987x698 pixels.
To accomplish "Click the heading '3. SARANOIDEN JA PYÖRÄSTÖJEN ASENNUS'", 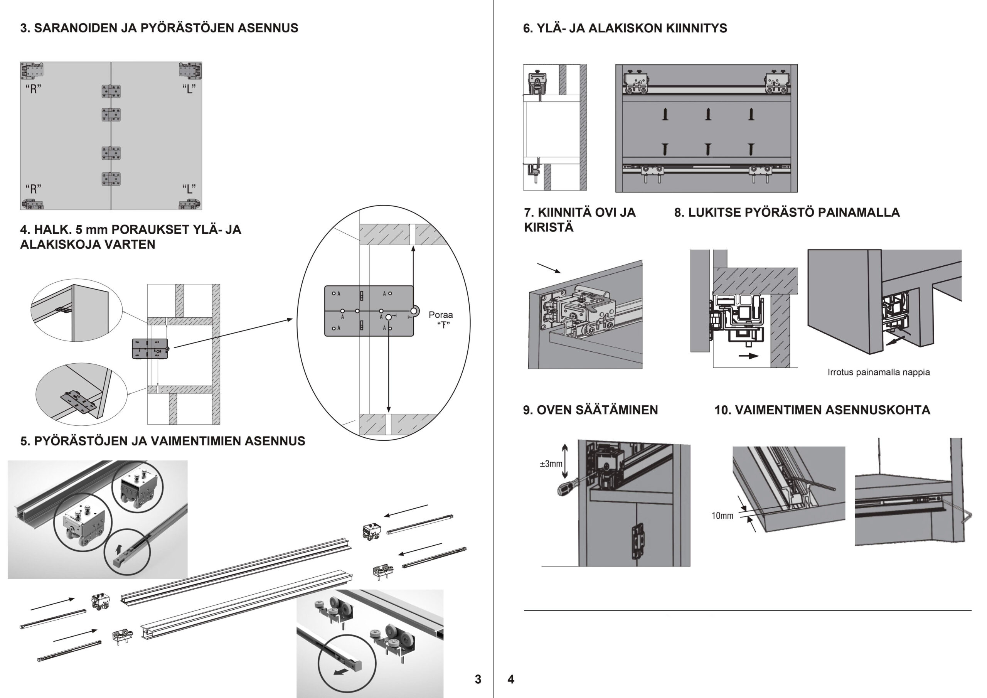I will pyautogui.click(x=159, y=28).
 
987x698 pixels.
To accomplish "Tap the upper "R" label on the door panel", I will pyautogui.click(x=34, y=89).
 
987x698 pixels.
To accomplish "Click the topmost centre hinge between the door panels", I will pyautogui.click(x=111, y=91).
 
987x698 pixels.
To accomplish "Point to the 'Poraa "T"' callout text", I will pyautogui.click(x=441, y=320).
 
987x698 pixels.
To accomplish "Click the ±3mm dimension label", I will pyautogui.click(x=551, y=464).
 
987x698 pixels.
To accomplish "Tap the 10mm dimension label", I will pyautogui.click(x=723, y=515).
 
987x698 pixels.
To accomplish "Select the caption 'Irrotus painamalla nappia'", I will pyautogui.click(x=879, y=372).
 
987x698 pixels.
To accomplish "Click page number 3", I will pyautogui.click(x=478, y=679).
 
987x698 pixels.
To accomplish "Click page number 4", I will pyautogui.click(x=511, y=679).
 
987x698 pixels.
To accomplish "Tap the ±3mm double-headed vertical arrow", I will pyautogui.click(x=565, y=461).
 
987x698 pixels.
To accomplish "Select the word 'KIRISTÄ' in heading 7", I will pyautogui.click(x=549, y=228).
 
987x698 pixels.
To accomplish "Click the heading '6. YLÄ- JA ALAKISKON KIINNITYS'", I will pyautogui.click(x=625, y=29).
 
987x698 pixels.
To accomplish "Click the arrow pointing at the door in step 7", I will pyautogui.click(x=549, y=268).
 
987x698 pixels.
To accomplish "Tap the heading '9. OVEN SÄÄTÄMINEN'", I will pyautogui.click(x=590, y=410).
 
